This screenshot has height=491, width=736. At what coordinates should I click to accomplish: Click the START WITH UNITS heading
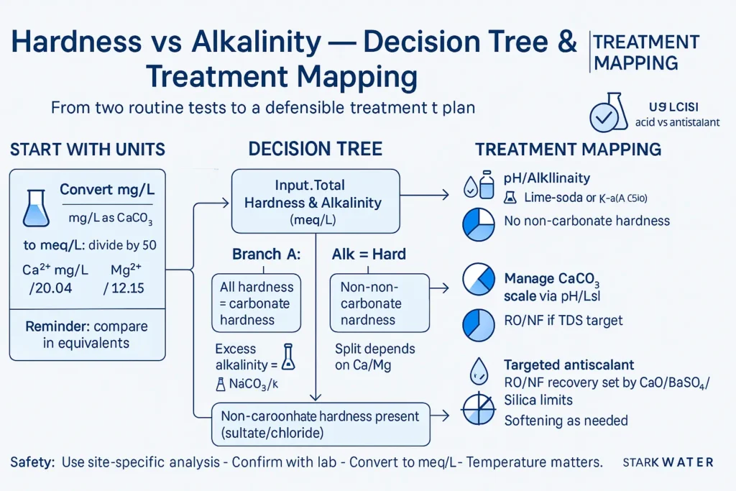[87, 150]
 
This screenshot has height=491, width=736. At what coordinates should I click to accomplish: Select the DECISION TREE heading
[315, 150]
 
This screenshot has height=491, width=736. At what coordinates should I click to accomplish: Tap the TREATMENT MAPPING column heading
[568, 150]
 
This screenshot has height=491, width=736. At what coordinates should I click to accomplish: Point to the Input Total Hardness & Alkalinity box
[315, 201]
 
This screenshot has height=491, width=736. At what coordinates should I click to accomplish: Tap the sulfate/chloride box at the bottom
[321, 424]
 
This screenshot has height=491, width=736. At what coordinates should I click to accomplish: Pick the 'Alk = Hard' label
[369, 254]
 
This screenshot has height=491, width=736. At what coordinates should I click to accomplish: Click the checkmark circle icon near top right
[604, 116]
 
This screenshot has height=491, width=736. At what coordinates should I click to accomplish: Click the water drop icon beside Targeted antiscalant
[477, 371]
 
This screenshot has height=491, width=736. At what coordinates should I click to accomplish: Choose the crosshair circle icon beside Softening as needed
[477, 410]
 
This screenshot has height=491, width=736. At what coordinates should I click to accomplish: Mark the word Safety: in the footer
[32, 462]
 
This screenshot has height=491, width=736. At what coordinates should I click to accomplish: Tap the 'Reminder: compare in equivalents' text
[86, 334]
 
